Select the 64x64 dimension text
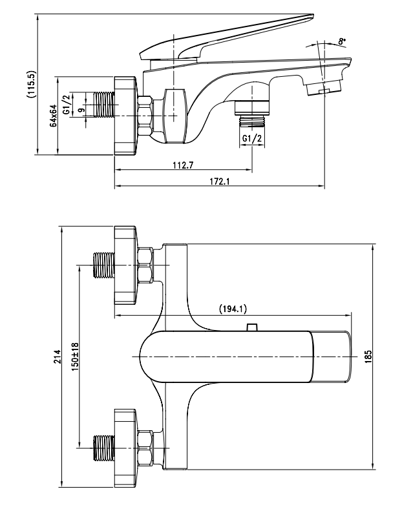(x=54, y=116)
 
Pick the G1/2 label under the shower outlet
(x=251, y=139)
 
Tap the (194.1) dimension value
(x=233, y=309)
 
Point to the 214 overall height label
(x=56, y=357)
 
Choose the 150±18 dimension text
(x=75, y=357)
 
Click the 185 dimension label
(x=368, y=357)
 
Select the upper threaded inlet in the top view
(x=102, y=265)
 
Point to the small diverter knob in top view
(x=253, y=327)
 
